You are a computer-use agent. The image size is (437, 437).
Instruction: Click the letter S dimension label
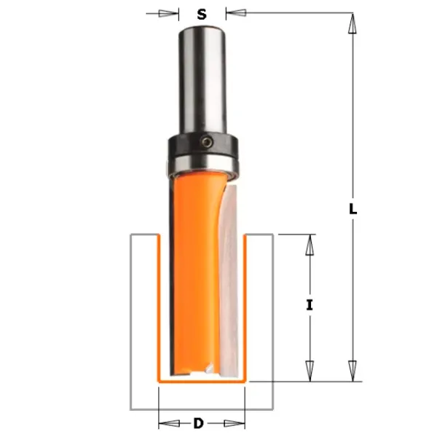(x=202, y=14)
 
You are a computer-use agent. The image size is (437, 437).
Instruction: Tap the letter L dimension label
(x=353, y=209)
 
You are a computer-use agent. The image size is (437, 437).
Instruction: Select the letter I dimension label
(x=310, y=305)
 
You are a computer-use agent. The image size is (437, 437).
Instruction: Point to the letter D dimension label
(x=198, y=424)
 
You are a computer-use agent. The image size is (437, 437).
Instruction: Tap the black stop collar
(x=203, y=145)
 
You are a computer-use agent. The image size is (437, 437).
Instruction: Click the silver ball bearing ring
(x=203, y=165)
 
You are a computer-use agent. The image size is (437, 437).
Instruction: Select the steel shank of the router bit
(x=202, y=81)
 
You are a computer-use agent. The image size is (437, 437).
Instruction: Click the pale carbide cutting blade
(x=229, y=279)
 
